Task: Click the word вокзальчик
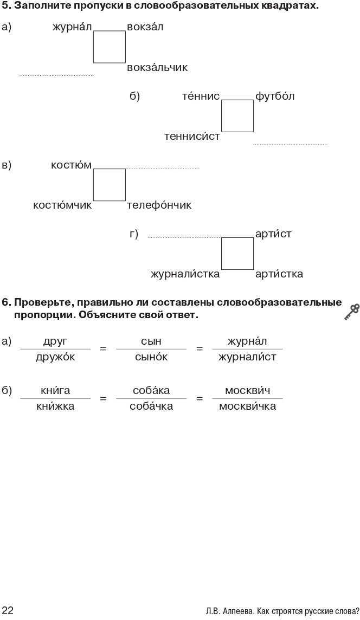(x=157, y=68)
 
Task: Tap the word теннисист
(x=192, y=137)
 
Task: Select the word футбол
(x=275, y=96)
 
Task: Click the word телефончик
(x=159, y=205)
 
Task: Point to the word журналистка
(x=185, y=274)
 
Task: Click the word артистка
(x=279, y=274)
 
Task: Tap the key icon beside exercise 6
(x=351, y=312)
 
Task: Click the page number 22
(x=8, y=611)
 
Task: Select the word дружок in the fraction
(x=55, y=357)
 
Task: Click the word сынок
(x=151, y=357)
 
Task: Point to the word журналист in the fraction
(x=247, y=357)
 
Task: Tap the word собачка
(x=151, y=406)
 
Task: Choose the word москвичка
(x=247, y=406)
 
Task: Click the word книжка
(x=55, y=406)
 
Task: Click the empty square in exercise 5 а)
(x=109, y=47)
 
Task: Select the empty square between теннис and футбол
(x=237, y=116)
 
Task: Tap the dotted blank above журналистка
(x=184, y=236)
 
